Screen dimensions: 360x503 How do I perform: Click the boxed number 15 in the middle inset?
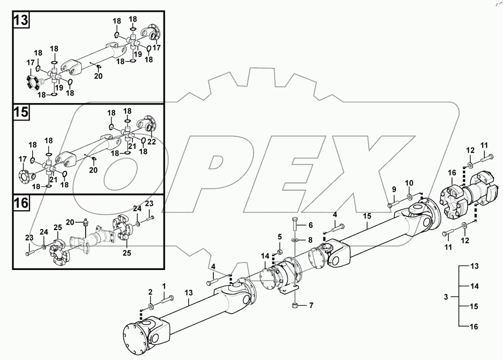coord(22,112)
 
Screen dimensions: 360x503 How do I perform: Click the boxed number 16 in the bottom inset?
coord(22,203)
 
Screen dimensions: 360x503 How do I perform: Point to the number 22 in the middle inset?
coord(152,142)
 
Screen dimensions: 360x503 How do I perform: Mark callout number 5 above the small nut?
coord(280,236)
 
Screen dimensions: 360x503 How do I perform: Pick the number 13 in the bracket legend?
coord(474,266)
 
